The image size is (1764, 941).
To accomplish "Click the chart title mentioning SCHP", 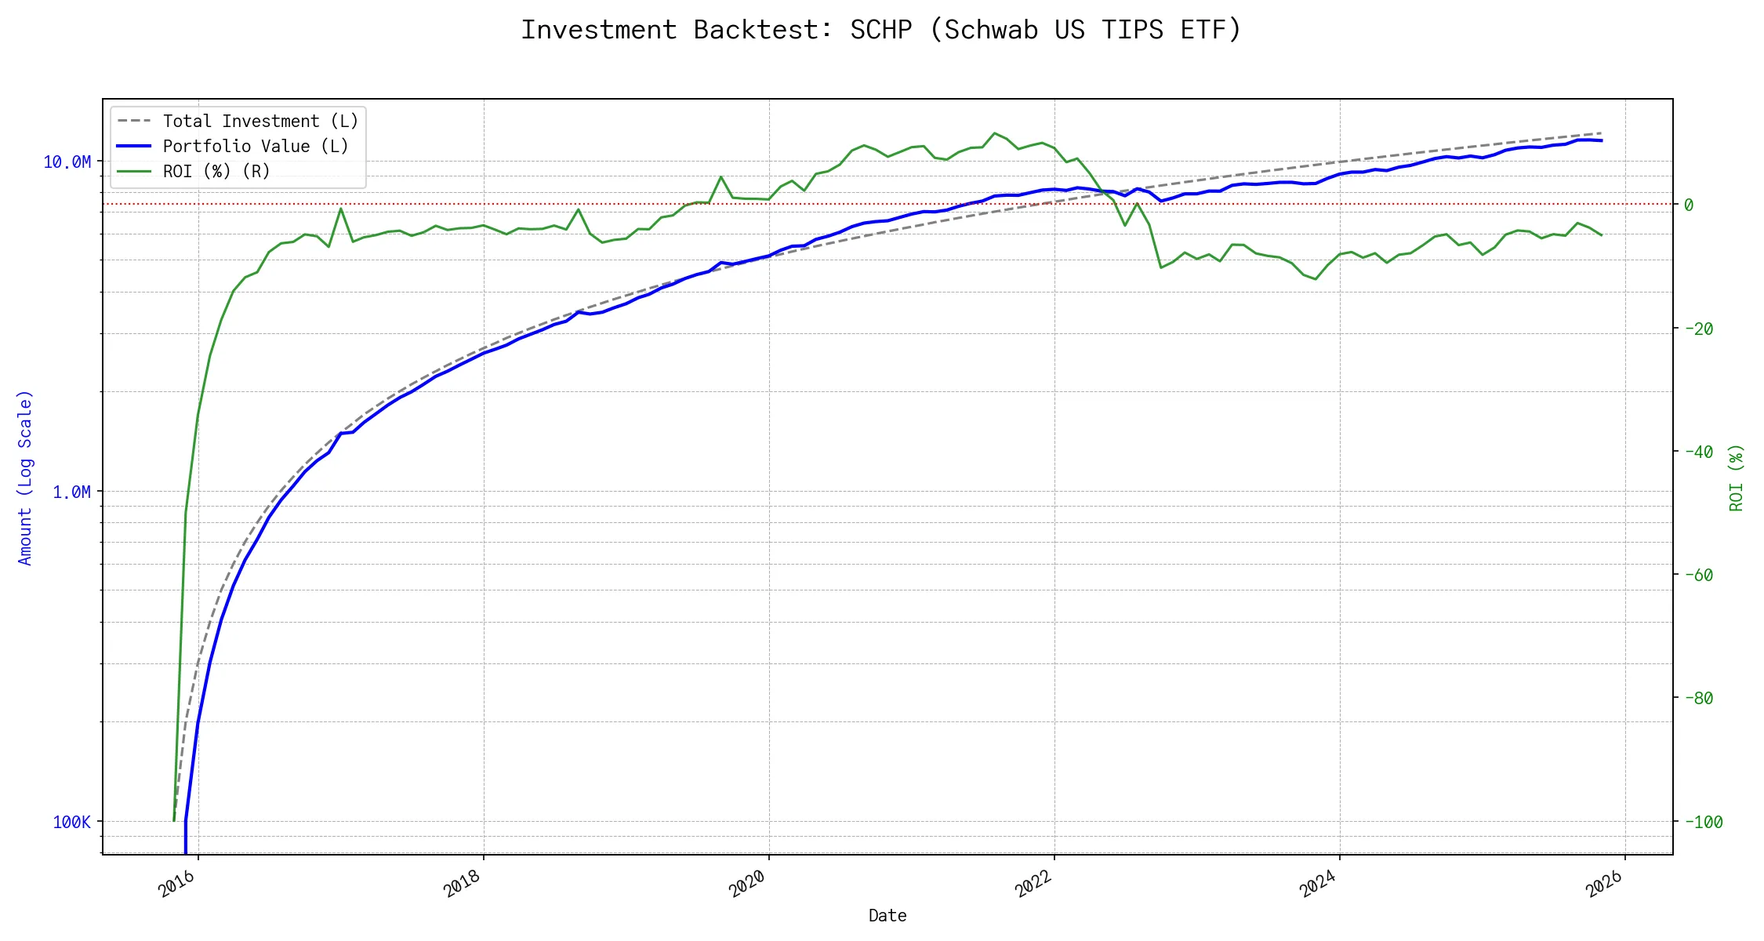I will click(x=881, y=30).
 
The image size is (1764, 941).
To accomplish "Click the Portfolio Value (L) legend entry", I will click(x=256, y=146).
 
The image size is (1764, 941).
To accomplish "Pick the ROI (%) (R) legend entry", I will click(x=216, y=171).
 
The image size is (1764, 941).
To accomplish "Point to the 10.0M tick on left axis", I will click(x=67, y=162).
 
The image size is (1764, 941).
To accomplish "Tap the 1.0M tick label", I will click(x=71, y=492).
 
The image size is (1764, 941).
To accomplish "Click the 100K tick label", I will click(x=71, y=822).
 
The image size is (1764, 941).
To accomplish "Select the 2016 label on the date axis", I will click(x=176, y=884).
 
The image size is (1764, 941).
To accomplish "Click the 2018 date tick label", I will click(x=462, y=884).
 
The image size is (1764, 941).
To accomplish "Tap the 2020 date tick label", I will click(x=747, y=884).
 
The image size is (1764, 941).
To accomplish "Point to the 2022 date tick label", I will click(x=1033, y=884).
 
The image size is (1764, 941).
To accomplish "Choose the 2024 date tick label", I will click(x=1318, y=884).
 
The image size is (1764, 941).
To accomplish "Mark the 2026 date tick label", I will click(x=1603, y=884).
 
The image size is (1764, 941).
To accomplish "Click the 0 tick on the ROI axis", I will click(x=1689, y=205).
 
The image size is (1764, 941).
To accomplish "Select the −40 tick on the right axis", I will click(x=1697, y=452).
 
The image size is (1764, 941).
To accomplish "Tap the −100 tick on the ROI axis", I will click(x=1702, y=822).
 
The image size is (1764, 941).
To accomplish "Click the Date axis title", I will click(x=887, y=915).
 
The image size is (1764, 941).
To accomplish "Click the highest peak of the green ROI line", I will click(x=994, y=133).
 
